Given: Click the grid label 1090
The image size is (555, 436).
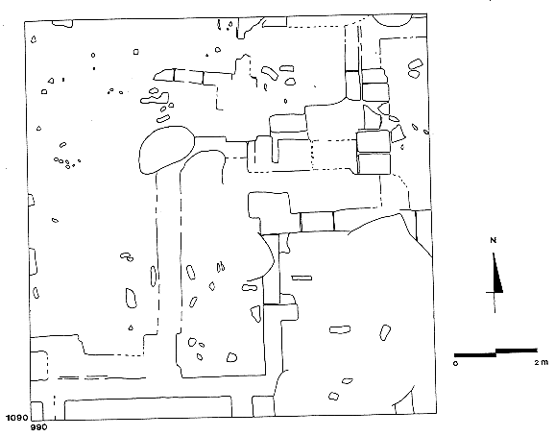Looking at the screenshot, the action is click(x=16, y=418).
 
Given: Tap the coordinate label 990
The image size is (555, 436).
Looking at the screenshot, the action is click(x=38, y=427).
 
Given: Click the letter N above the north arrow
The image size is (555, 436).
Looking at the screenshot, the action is click(x=494, y=241).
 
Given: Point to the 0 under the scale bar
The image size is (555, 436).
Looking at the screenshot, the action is click(x=456, y=363).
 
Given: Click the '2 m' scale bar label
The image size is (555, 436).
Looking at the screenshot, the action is click(x=542, y=362).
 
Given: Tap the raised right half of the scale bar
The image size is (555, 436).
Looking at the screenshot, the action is click(x=517, y=351).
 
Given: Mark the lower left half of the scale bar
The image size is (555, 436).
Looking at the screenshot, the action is click(x=475, y=355).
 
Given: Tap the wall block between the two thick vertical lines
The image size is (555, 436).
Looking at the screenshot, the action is click(x=317, y=221).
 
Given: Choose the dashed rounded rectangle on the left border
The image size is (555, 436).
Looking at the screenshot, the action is click(x=39, y=366).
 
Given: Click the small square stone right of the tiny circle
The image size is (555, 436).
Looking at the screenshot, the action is click(x=136, y=52).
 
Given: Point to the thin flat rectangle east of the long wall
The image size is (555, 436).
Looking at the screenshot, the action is click(x=302, y=279).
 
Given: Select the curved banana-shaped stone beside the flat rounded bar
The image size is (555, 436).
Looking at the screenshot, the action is click(x=270, y=73).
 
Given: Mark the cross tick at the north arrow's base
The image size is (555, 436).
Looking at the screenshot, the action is click(x=495, y=292).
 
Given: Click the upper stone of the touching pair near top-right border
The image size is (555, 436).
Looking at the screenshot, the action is click(x=415, y=64).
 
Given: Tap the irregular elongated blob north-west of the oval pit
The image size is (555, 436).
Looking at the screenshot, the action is click(x=155, y=99).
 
